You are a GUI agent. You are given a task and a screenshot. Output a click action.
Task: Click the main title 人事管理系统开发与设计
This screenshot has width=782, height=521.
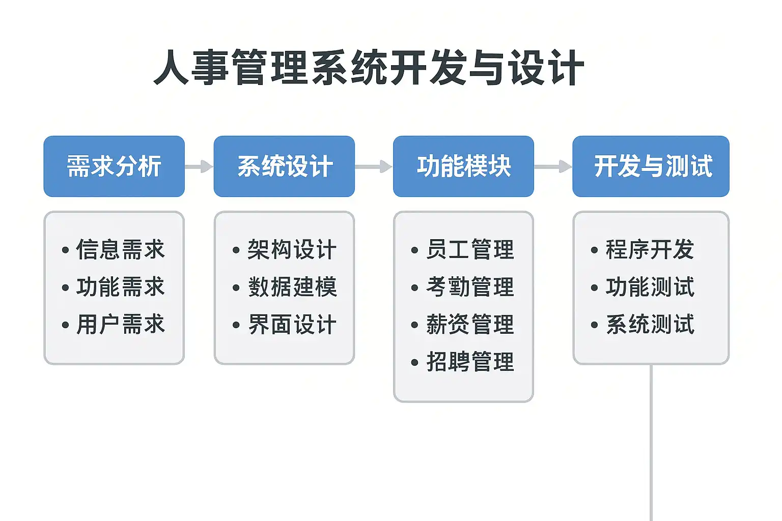(369, 68)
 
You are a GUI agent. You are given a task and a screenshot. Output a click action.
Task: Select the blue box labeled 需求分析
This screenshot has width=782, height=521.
(114, 166)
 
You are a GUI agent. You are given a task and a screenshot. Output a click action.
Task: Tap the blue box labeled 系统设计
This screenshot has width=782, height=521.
(284, 166)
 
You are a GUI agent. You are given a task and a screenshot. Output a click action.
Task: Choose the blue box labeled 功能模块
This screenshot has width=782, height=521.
(463, 166)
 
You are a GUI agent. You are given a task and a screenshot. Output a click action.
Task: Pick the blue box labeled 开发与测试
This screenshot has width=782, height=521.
(651, 166)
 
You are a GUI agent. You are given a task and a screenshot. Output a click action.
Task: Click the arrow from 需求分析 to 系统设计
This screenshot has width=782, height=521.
(199, 166)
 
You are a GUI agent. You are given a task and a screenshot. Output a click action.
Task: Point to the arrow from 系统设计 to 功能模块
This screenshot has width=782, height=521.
(374, 166)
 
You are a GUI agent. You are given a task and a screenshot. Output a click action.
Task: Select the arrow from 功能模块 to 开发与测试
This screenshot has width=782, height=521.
(553, 166)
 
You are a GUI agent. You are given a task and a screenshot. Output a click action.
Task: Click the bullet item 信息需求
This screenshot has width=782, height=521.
(120, 250)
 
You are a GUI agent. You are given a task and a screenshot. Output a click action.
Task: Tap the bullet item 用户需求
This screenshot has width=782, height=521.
(120, 325)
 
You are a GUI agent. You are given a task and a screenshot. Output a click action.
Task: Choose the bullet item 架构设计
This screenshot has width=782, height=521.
(292, 250)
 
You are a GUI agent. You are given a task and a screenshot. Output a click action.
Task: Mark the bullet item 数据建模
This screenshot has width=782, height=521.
(292, 287)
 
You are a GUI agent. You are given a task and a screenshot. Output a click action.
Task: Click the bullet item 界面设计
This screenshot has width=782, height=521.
(292, 325)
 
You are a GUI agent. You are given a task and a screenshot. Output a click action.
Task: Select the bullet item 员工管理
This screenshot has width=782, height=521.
(470, 250)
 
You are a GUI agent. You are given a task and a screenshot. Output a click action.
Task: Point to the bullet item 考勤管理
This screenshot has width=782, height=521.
(470, 287)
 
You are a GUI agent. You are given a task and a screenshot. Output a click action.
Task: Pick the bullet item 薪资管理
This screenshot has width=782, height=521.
(470, 325)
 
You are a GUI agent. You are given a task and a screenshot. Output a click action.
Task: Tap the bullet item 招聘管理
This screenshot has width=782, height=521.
(470, 362)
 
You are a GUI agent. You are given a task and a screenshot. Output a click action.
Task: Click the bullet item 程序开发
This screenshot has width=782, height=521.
(650, 250)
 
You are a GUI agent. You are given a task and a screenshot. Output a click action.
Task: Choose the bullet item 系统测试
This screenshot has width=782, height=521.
(650, 325)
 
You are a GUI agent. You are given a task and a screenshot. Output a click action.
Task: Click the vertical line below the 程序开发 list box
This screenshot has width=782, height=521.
(651, 443)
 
